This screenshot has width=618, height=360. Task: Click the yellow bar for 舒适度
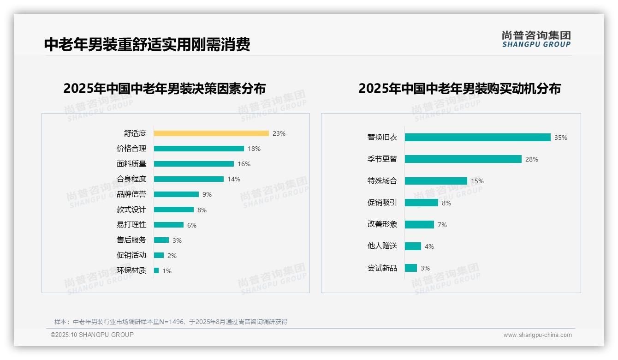pos(211,133)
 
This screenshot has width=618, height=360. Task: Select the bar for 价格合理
pos(199,149)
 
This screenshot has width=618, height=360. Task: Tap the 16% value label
pos(244,164)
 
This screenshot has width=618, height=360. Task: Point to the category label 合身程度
pos(131,179)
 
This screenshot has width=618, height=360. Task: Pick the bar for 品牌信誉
pos(176,194)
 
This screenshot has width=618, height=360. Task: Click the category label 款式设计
pos(131,210)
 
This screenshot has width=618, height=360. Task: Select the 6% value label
pos(191,225)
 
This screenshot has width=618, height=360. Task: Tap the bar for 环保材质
pos(156,270)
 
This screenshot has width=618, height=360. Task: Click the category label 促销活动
pos(131,255)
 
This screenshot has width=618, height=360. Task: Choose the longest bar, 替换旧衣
pos(477,138)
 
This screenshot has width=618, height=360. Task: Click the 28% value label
pos(531,159)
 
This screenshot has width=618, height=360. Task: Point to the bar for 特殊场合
pos(436,181)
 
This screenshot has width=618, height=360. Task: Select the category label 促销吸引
pos(382,203)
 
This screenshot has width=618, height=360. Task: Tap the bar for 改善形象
pos(419,224)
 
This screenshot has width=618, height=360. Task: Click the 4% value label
pos(429,246)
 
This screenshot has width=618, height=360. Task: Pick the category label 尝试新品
pos(382,268)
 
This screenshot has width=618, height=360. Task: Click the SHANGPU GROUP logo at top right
pos(536,39)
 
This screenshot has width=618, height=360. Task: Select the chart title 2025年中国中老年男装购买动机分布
pos(459,89)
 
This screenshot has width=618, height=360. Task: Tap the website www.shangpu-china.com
pos(537,335)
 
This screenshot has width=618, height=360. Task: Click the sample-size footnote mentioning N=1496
pos(171,322)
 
